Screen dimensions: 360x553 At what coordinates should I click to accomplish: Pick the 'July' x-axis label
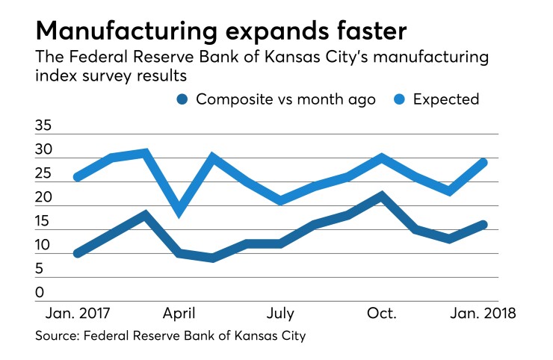tap(280, 312)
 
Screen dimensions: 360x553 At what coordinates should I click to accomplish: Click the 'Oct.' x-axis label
tap(383, 312)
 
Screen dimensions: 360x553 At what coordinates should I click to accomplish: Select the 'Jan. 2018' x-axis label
tap(482, 312)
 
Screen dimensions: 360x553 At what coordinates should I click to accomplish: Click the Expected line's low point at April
tap(179, 211)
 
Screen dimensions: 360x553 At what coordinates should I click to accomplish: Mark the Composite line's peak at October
tap(382, 196)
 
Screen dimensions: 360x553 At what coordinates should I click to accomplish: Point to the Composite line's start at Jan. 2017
tap(77, 253)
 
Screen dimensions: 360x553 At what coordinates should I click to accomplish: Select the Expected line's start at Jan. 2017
tap(77, 177)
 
